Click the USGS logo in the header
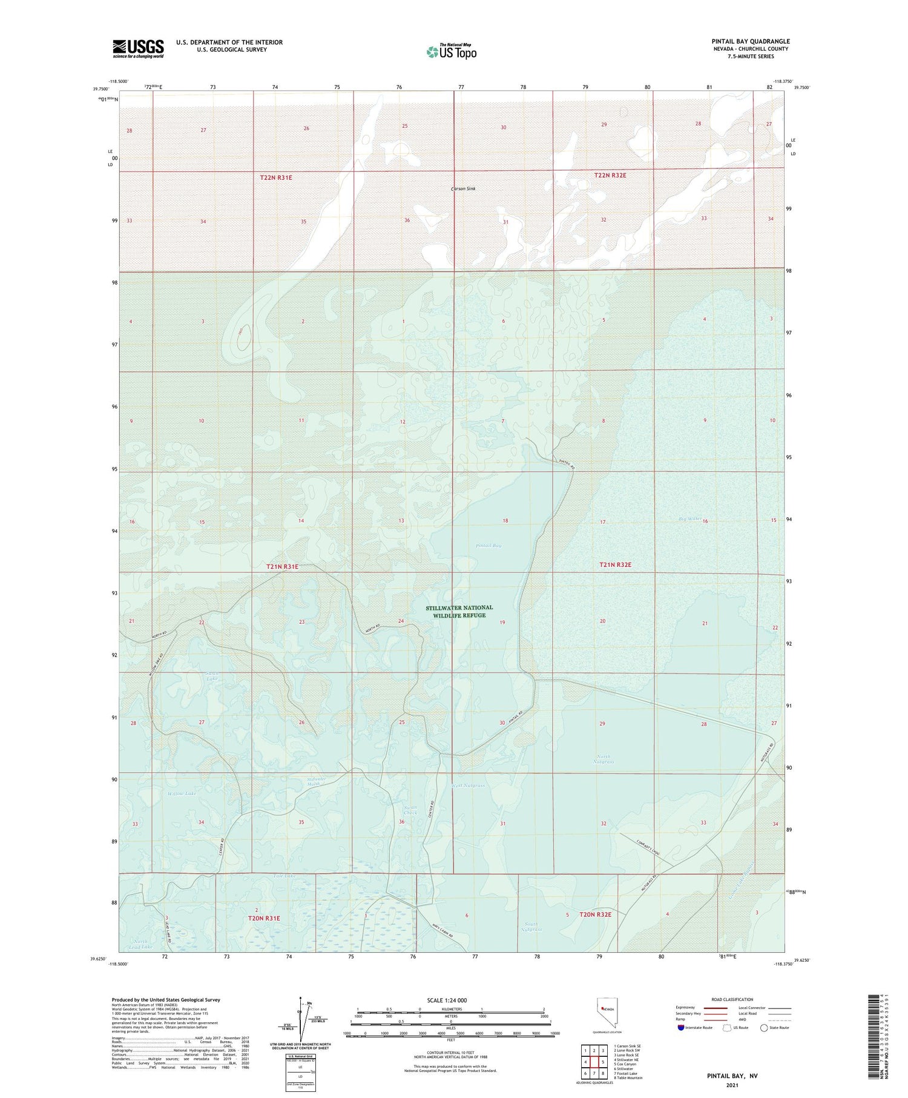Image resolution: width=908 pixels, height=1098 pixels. click(x=138, y=48)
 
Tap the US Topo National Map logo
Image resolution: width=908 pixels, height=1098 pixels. click(x=451, y=51)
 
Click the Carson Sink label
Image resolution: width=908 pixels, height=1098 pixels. click(x=463, y=189)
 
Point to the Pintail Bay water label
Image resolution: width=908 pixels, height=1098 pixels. click(x=489, y=546)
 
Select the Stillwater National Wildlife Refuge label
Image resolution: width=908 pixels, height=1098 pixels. click(x=459, y=611)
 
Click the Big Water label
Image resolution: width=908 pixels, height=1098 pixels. click(x=689, y=518)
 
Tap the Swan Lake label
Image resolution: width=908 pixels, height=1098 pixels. click(x=212, y=676)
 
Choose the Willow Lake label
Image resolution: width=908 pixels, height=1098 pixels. click(x=182, y=793)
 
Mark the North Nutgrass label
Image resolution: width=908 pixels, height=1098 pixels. click(x=604, y=759)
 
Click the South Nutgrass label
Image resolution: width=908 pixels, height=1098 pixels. click(x=533, y=927)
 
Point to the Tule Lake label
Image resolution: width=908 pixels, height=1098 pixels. click(x=284, y=876)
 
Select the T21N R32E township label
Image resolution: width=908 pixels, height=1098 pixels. click(x=615, y=564)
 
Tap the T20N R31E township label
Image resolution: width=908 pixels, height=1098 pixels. click(x=264, y=918)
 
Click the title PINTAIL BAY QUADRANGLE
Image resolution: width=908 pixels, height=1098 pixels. click(x=751, y=41)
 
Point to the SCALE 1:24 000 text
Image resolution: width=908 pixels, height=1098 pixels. click(x=447, y=1000)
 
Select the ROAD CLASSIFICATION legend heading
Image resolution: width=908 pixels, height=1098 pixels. click(x=732, y=999)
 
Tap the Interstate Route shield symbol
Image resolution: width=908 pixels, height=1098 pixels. click(x=681, y=1028)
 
